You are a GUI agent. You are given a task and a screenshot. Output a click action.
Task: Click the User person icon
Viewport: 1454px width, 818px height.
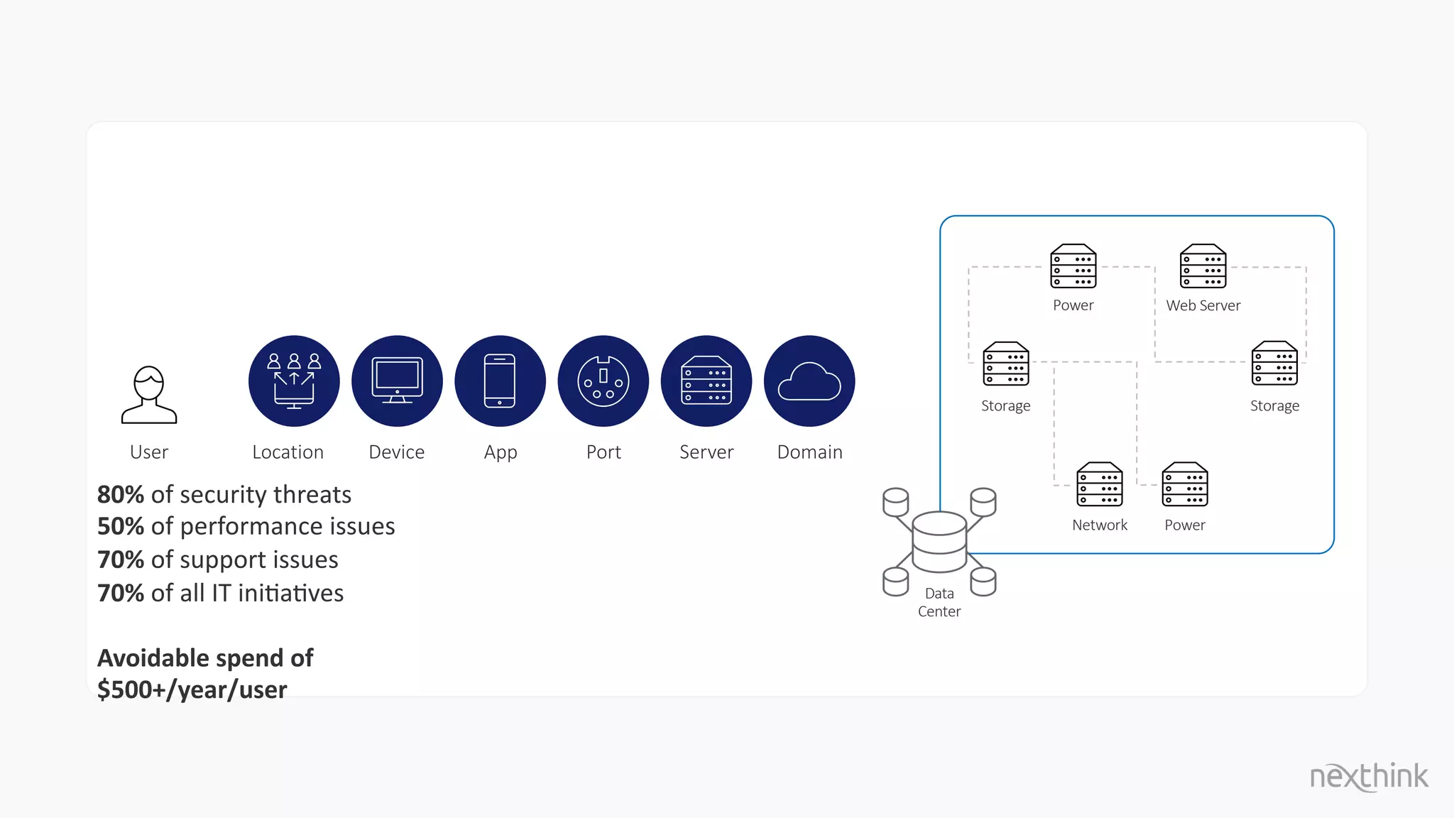click(x=149, y=395)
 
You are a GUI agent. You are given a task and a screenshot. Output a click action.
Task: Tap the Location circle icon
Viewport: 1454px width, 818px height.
click(x=294, y=381)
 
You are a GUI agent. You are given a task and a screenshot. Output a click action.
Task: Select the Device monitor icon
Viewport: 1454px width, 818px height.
click(x=397, y=381)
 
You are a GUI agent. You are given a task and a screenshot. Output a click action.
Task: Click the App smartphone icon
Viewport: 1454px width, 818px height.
click(x=500, y=381)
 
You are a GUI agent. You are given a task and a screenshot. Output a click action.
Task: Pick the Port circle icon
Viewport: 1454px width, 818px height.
click(x=603, y=381)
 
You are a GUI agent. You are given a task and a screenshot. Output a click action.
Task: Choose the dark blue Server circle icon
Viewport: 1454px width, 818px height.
click(x=706, y=381)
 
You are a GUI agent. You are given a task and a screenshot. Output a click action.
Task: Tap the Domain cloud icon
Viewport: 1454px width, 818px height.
click(x=809, y=381)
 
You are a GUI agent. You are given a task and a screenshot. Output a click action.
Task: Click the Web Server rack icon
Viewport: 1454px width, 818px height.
click(x=1203, y=266)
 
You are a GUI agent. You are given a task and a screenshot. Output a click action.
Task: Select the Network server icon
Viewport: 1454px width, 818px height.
click(x=1099, y=484)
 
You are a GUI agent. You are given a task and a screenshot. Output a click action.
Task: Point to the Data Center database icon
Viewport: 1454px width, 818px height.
click(x=939, y=541)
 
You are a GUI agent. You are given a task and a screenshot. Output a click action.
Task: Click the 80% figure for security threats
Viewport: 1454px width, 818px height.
click(x=121, y=494)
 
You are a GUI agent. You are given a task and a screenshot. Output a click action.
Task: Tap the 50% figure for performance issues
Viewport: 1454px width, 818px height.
click(x=121, y=526)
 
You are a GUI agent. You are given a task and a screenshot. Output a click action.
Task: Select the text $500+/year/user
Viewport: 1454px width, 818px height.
click(x=192, y=689)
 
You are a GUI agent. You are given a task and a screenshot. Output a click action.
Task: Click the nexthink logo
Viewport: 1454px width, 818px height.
click(x=1368, y=776)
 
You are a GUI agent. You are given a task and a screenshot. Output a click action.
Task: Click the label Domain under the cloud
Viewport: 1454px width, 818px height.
click(x=809, y=452)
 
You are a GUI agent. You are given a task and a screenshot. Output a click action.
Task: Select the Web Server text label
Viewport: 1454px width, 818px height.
click(x=1203, y=305)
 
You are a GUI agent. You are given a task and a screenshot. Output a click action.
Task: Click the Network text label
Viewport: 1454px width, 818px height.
click(x=1099, y=525)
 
